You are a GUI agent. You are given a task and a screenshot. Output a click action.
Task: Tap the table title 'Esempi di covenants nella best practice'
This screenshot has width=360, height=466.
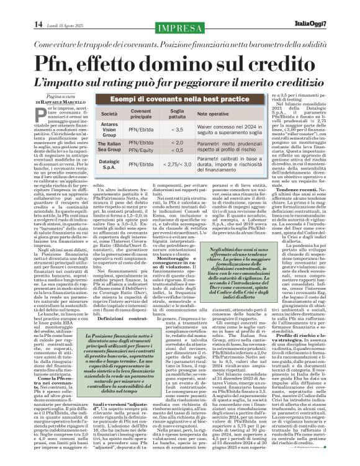coord(182,100)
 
